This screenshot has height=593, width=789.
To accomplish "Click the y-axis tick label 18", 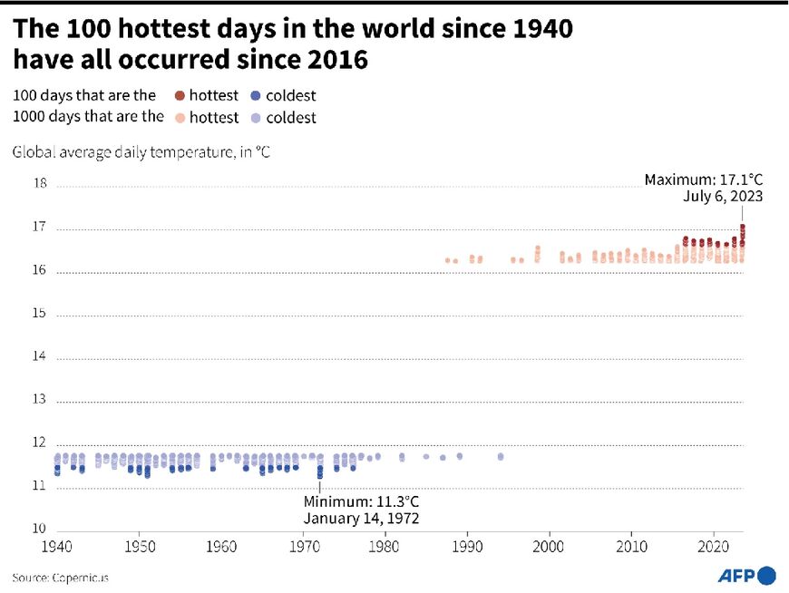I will [40, 183].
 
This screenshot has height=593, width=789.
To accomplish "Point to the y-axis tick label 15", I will [40, 314].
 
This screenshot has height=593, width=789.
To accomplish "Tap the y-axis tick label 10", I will [40, 529].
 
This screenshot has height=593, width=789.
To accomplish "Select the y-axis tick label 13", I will [40, 399].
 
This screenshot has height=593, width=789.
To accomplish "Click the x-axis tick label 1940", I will [56, 548].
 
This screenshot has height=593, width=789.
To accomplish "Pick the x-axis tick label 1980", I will [385, 548].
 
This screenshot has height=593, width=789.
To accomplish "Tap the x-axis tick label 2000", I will [549, 548].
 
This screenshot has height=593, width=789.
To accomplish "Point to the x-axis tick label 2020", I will [713, 548].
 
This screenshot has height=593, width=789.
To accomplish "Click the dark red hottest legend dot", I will [180, 95].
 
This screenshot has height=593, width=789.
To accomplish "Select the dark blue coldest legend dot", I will [256, 95].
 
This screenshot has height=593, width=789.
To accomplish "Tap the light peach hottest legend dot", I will [180, 117].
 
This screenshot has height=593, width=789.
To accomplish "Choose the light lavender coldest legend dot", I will [256, 117].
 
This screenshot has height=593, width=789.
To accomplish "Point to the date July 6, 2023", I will [724, 197].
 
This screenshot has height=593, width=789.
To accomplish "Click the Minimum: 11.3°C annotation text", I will [361, 501].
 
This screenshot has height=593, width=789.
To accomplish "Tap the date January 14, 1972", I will [361, 519].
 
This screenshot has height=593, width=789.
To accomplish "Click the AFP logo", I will [746, 576].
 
